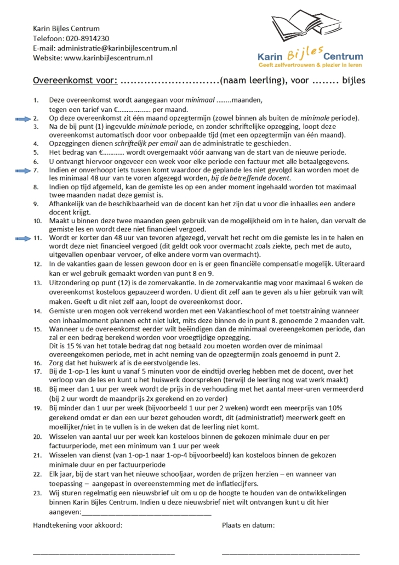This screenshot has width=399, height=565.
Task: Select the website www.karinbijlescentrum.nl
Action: tap(108, 58)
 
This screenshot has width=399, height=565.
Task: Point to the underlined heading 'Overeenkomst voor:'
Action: tap(75, 81)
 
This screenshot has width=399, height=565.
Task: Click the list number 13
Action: tap(37, 283)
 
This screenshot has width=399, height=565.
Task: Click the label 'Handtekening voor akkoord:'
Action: tap(77, 525)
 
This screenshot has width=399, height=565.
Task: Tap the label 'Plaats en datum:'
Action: tap(248, 525)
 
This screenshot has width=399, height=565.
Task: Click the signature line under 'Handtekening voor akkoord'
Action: tap(104, 553)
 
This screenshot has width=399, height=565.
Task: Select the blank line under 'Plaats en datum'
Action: tap(290, 553)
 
